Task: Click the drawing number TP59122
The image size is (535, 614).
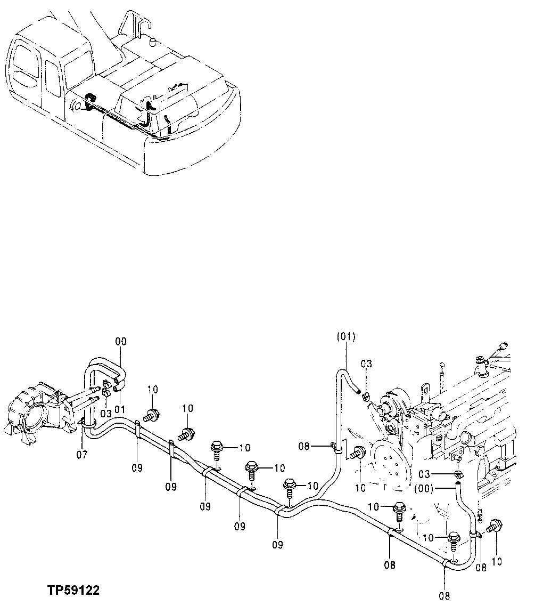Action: point(73,591)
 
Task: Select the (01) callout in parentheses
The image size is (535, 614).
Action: point(346,337)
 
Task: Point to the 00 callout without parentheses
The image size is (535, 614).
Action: point(121,342)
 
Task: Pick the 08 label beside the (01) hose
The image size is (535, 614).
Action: point(304,446)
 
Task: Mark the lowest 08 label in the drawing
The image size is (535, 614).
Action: point(445,596)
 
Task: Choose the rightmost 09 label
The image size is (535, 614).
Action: point(277,544)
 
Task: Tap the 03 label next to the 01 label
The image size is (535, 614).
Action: point(105,414)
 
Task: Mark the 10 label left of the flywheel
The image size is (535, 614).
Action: point(360,487)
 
